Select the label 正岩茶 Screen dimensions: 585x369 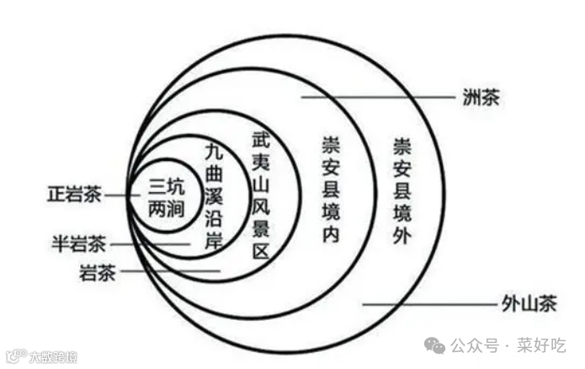(74, 195)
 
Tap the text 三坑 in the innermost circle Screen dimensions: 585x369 (165, 185)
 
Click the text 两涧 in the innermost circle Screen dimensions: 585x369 (165, 206)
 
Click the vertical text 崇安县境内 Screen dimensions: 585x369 (329, 190)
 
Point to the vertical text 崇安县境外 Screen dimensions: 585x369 (401, 190)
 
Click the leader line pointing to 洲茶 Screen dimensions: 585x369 (379, 98)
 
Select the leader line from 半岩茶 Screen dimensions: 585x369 (152, 244)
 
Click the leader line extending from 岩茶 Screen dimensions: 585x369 (168, 271)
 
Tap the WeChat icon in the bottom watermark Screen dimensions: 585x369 (435, 344)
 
